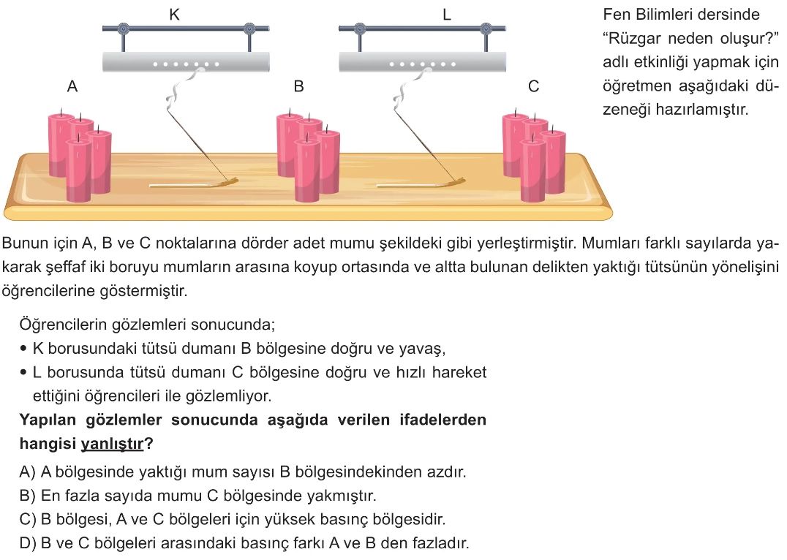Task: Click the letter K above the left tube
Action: [174, 14]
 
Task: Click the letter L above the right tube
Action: [447, 15]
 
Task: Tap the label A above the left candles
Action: [72, 86]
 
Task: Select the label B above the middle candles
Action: [298, 86]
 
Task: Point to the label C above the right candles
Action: [533, 86]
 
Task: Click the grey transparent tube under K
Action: [187, 62]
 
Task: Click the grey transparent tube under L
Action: [422, 62]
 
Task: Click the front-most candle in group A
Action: [79, 170]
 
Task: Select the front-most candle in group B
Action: [306, 170]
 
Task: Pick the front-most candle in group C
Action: [533, 170]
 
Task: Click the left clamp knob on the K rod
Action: [123, 29]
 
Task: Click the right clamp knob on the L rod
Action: [486, 29]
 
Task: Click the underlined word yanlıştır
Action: [112, 444]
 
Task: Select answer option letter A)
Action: [27, 472]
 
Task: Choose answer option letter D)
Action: [28, 543]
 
